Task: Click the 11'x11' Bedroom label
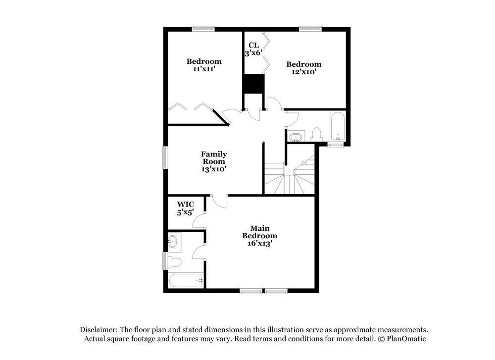pos(204,61)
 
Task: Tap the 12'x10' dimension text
pos(303,72)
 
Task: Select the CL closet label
pos(253,45)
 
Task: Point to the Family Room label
pos(214,158)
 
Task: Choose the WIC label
pos(186,204)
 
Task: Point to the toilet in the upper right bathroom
pos(317,133)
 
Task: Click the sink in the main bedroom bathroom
pos(173,242)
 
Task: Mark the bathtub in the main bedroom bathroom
pos(186,281)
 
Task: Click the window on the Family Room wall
pos(166,158)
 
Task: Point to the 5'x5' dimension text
pos(186,212)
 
